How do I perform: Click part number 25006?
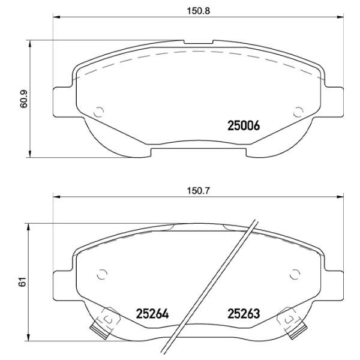tap(243, 126)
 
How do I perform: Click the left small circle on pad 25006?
tap(100, 111)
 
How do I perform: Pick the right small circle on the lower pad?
tap(294, 274)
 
